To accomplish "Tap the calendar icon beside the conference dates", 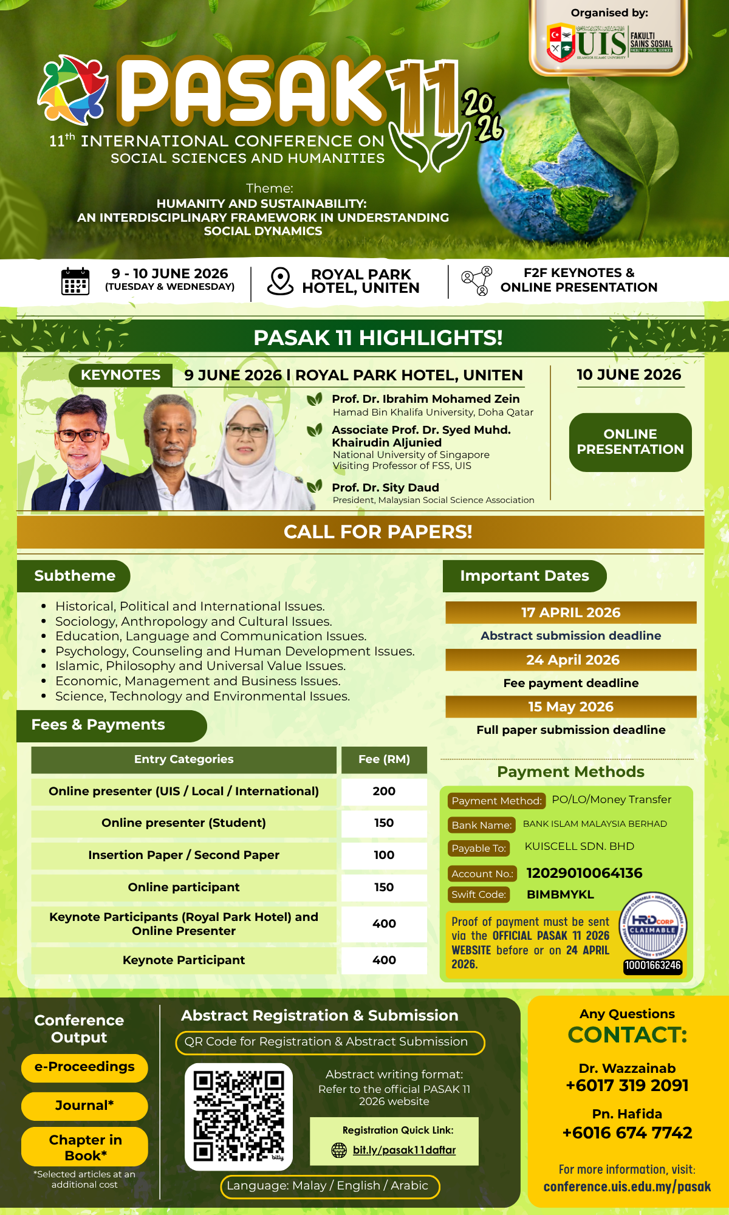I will [x=75, y=281].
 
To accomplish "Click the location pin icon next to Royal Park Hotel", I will [x=280, y=281].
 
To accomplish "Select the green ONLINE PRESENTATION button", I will [x=630, y=442].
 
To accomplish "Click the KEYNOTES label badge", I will [x=120, y=375].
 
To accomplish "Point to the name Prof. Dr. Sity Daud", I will [x=385, y=488].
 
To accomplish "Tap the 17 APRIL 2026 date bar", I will [x=570, y=612].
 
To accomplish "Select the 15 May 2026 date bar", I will [x=570, y=707].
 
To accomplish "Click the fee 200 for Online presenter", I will [x=384, y=792].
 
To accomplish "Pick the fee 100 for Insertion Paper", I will [x=384, y=855].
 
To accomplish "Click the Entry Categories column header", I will [x=183, y=759].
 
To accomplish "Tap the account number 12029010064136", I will [x=584, y=873].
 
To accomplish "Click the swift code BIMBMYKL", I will [x=560, y=894].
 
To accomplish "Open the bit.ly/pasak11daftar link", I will [x=404, y=1150].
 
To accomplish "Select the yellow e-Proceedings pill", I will [x=84, y=1067].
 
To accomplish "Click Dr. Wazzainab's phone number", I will [x=627, y=1086].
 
